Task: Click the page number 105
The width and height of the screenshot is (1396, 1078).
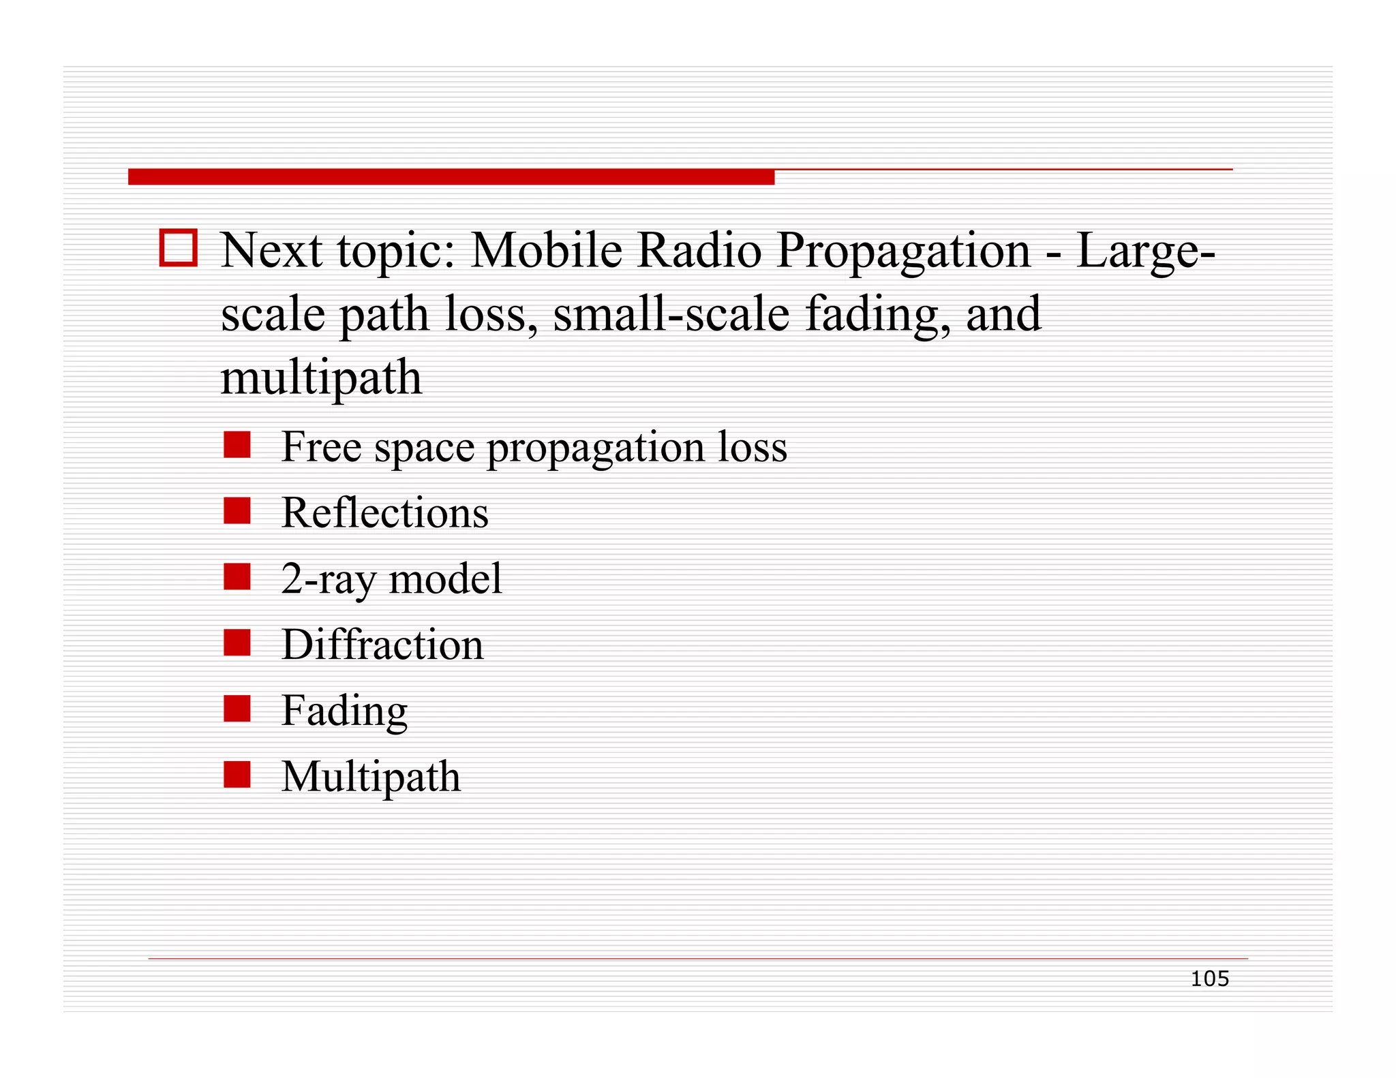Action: tap(1209, 979)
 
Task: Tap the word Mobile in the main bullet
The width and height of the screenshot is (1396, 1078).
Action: tap(547, 250)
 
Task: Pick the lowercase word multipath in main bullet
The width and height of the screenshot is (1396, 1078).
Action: tap(321, 378)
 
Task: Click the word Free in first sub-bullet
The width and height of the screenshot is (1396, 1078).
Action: tap(321, 447)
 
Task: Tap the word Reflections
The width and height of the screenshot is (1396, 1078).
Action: tap(384, 512)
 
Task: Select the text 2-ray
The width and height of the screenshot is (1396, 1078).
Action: tap(328, 580)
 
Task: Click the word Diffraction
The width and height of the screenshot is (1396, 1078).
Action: tap(382, 645)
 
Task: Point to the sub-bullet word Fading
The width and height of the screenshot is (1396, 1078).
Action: tap(344, 711)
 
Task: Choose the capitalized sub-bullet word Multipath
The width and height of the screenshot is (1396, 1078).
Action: tap(371, 777)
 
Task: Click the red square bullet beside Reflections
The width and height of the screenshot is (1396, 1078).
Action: tap(237, 510)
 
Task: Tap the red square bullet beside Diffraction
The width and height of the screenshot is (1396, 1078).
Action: tap(237, 643)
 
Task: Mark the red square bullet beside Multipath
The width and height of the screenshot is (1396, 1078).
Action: tap(237, 775)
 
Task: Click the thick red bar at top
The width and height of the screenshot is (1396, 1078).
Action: tap(451, 177)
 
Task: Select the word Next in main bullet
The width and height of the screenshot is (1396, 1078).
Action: tap(272, 250)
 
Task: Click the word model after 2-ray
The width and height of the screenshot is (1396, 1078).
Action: tap(445, 579)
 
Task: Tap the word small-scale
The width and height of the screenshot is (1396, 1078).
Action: tap(671, 314)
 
